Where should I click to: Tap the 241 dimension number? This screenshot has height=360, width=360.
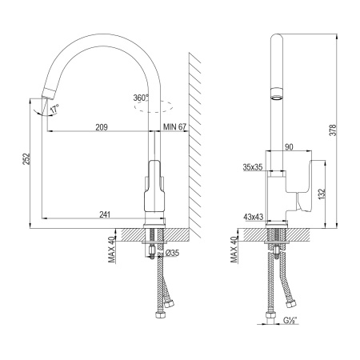point(105,214)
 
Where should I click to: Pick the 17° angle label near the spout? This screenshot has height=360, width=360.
point(54,108)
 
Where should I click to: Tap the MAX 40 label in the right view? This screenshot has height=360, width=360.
point(235,249)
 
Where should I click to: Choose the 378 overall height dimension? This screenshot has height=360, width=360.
point(343,130)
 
